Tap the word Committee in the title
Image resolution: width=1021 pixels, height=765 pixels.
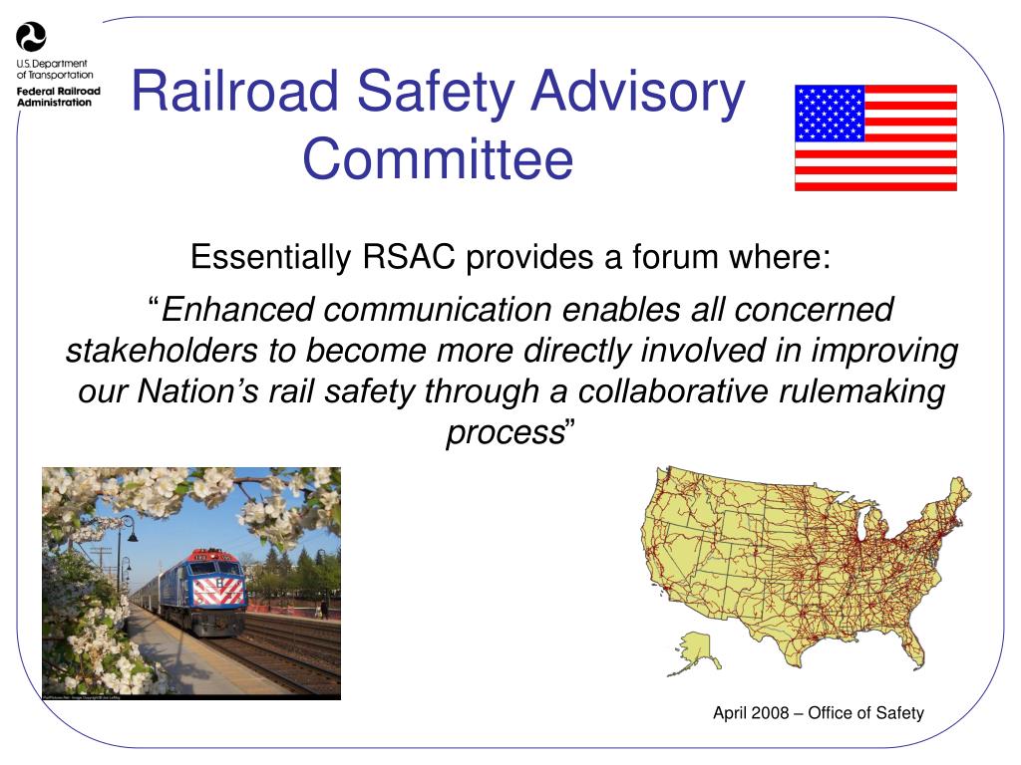(x=438, y=159)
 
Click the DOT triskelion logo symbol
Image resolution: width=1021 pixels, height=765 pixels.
(x=31, y=38)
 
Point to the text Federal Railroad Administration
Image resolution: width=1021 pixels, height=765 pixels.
(x=58, y=96)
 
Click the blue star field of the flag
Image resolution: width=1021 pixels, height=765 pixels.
(x=829, y=113)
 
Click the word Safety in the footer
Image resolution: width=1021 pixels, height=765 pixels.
(x=899, y=713)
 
